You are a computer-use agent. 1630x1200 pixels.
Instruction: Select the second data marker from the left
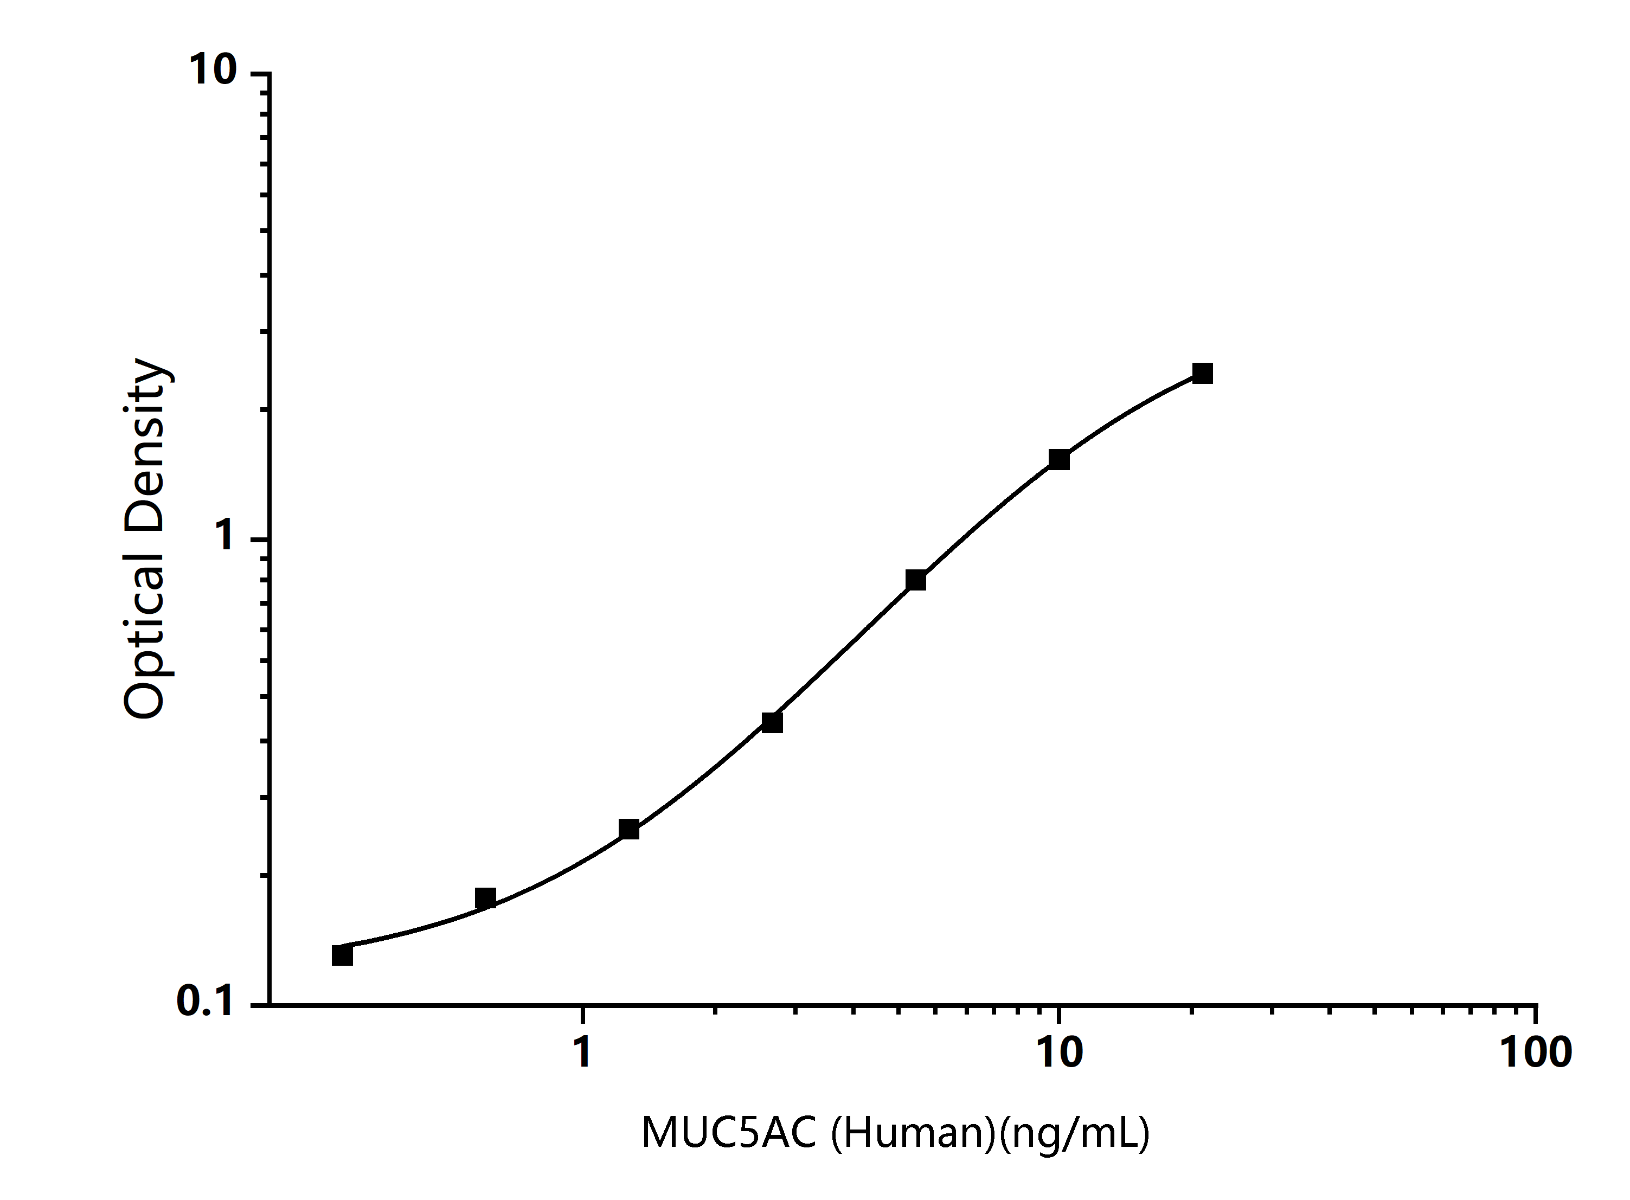[485, 899]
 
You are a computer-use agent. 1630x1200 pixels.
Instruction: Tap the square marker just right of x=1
[629, 829]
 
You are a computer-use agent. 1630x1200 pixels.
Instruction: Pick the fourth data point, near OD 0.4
[772, 722]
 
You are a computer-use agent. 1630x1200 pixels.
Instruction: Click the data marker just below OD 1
[916, 580]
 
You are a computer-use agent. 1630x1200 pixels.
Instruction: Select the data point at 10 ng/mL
[1059, 460]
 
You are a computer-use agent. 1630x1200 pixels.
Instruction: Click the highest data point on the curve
[1203, 374]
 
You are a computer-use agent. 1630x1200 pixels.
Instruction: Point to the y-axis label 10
[213, 70]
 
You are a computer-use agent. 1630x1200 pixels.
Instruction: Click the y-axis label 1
[224, 537]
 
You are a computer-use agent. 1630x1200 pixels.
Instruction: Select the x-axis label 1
[582, 1052]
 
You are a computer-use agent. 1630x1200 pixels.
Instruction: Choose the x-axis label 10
[1059, 1052]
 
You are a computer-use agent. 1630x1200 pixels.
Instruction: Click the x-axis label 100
[1536, 1052]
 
